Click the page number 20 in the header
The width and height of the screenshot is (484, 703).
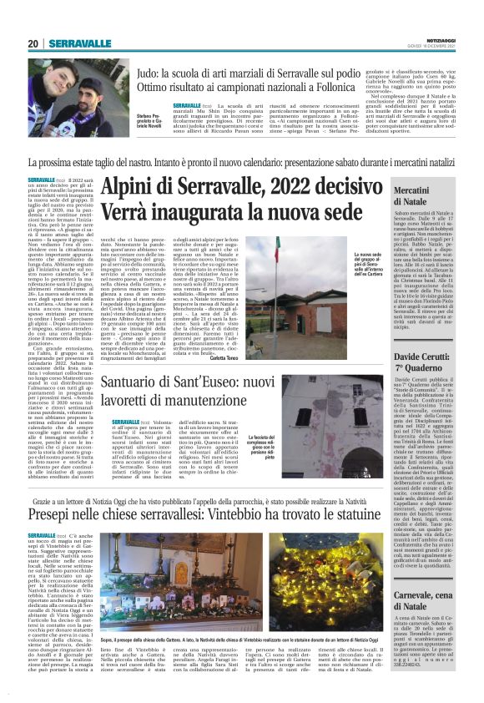pos(33,43)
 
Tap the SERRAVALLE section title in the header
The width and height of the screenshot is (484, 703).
pos(79,43)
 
